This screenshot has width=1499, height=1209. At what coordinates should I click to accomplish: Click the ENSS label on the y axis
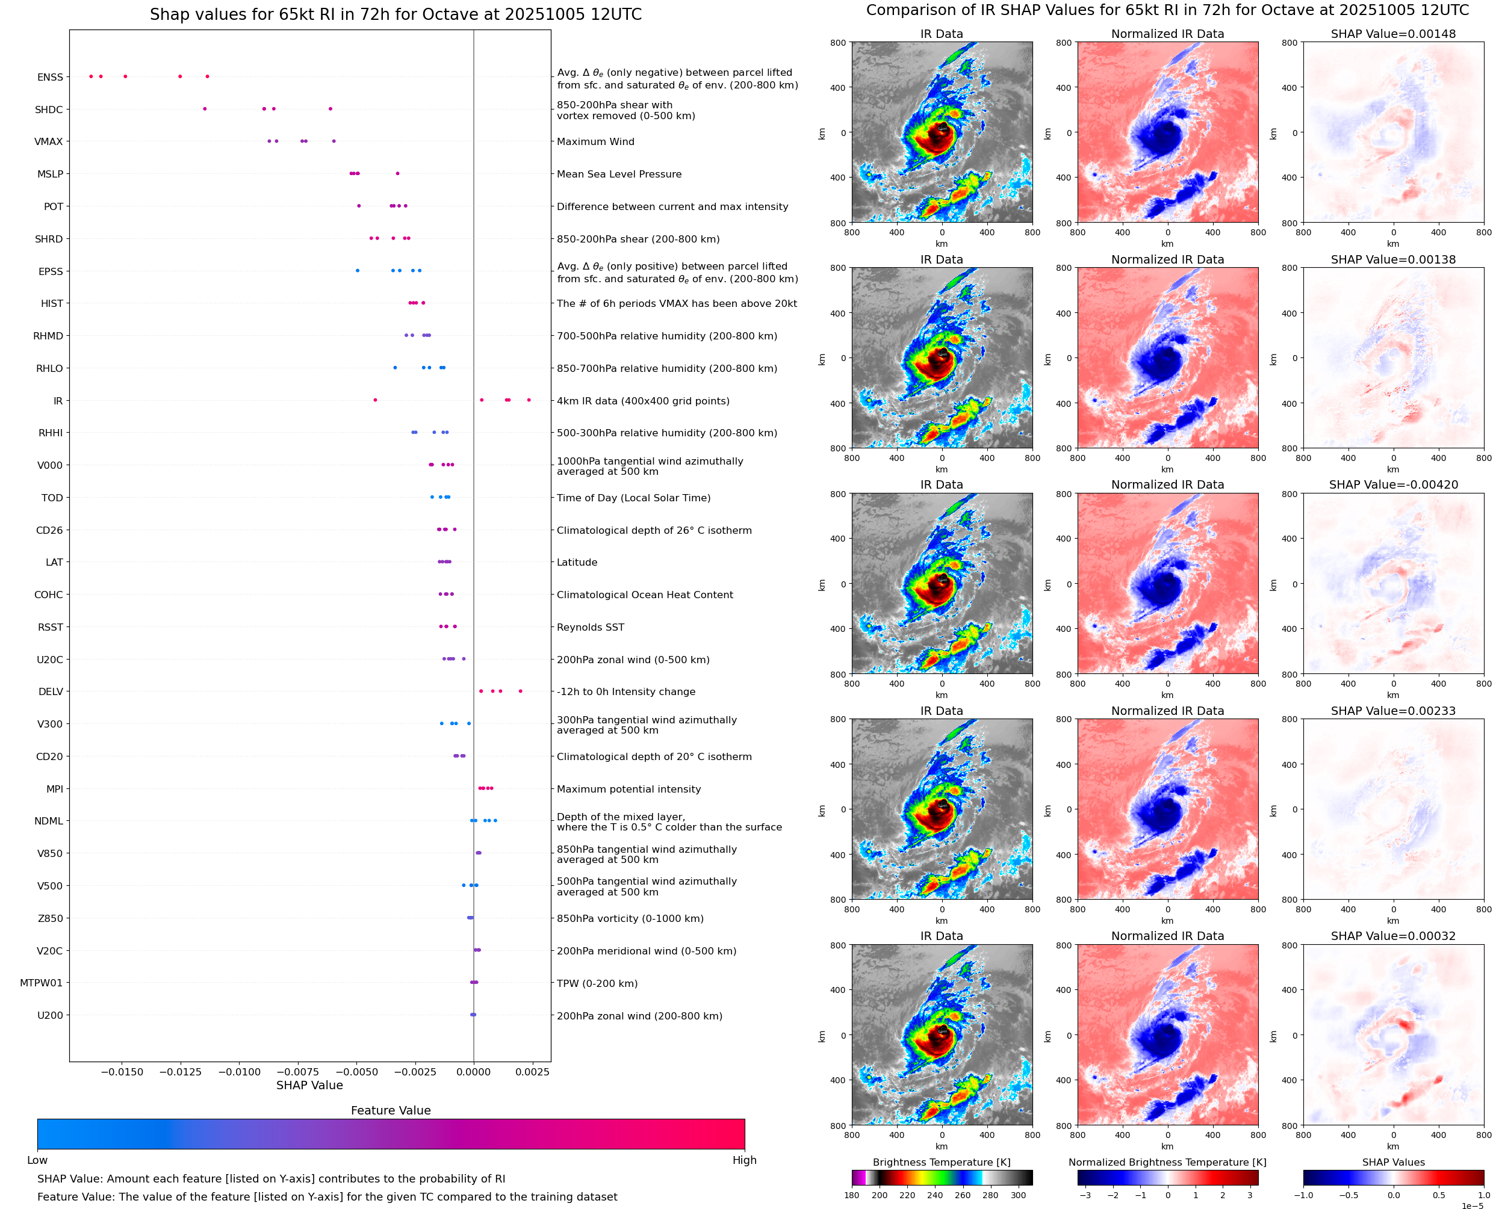click(x=50, y=77)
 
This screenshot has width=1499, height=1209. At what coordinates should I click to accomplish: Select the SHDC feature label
click(x=49, y=110)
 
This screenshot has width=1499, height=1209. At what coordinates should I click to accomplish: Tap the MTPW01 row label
click(x=41, y=983)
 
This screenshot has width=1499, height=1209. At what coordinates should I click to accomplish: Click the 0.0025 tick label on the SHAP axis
click(x=533, y=1072)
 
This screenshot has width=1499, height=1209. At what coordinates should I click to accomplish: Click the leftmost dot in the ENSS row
click(x=92, y=76)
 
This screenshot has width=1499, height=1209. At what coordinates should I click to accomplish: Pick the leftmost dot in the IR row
click(x=376, y=400)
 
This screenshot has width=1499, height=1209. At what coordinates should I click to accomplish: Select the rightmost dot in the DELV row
click(x=520, y=691)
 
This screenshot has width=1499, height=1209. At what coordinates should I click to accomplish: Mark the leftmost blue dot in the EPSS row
click(x=358, y=270)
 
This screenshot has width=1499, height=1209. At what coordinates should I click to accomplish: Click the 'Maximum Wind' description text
click(x=595, y=141)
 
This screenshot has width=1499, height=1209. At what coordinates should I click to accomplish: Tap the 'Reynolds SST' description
click(x=590, y=627)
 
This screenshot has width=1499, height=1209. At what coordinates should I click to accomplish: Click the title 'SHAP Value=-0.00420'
click(x=1393, y=484)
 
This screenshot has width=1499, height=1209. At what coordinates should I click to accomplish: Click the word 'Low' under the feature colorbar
click(x=37, y=1160)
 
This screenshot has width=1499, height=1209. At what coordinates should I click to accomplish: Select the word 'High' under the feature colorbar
click(x=744, y=1160)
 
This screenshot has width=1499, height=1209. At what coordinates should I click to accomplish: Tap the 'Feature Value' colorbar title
click(x=391, y=1110)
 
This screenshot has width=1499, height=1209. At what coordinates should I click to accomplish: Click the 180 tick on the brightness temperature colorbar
click(x=852, y=1195)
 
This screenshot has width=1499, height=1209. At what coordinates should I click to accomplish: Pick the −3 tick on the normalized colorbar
click(x=1085, y=1195)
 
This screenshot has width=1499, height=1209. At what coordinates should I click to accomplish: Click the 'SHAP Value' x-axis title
click(x=309, y=1085)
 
